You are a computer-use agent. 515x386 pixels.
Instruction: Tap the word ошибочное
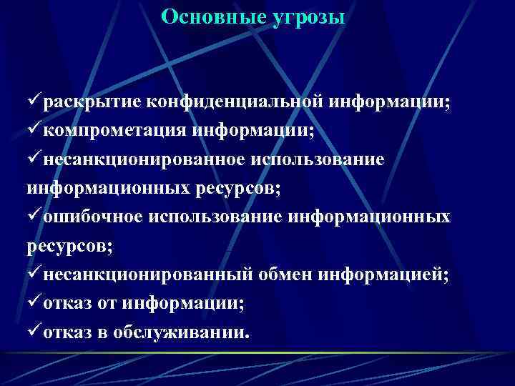coord(93,217)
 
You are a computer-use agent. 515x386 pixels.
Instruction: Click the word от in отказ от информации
coord(107,305)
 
